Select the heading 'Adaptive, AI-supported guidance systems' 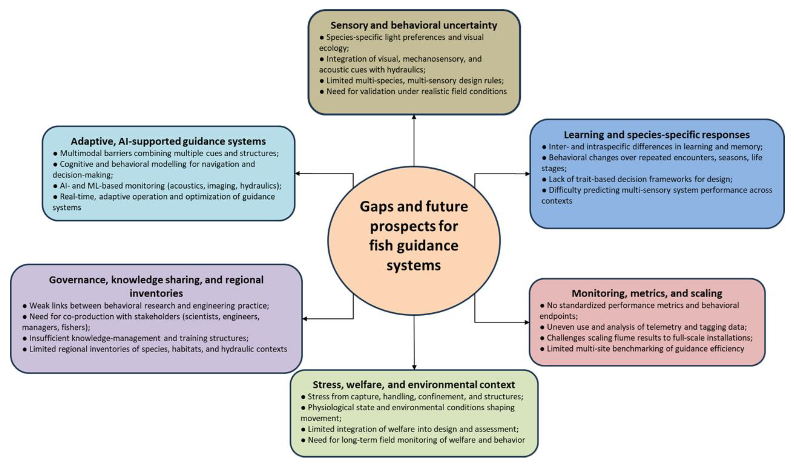coord(168,141)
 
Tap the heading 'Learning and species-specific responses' coord(657,135)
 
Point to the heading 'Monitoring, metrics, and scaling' coord(647,293)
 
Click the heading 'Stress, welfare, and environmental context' coord(414,385)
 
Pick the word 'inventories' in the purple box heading coord(156,293)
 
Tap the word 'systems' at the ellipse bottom coord(414,266)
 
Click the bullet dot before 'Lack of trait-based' coord(544,179)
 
